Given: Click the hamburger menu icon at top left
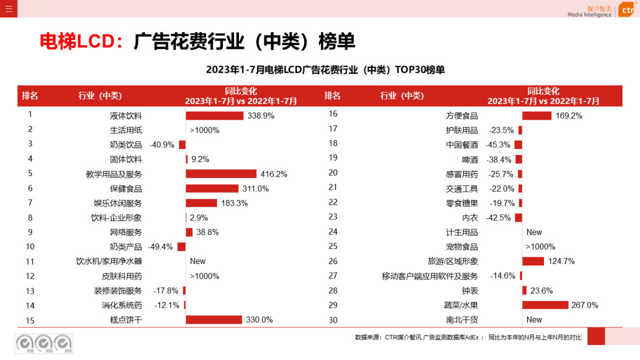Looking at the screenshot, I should click(x=8, y=9).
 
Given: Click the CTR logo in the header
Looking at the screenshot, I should click(x=627, y=9).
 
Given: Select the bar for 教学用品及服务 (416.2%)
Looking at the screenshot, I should click(x=221, y=174).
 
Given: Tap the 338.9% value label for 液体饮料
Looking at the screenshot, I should click(x=261, y=116).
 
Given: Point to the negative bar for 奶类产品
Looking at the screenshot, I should click(x=181, y=247).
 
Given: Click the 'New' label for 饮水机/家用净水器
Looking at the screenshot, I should click(x=198, y=261).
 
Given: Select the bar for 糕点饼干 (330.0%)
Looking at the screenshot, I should click(x=214, y=320).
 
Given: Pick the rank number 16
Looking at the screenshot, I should click(x=333, y=114).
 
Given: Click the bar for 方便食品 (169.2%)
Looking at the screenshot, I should click(x=537, y=116).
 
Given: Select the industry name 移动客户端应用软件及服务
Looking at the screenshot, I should click(x=430, y=276).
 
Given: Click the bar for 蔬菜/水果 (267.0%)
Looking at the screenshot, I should click(x=545, y=305).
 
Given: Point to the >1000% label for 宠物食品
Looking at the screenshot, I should click(x=540, y=247).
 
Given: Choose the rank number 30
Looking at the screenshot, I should click(x=333, y=320).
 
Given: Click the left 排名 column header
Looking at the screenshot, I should click(x=30, y=96).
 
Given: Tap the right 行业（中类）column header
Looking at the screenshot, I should click(x=402, y=96).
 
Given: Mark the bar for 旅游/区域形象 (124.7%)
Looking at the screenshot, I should click(x=533, y=261).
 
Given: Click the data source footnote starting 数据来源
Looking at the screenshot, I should click(x=468, y=337).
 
